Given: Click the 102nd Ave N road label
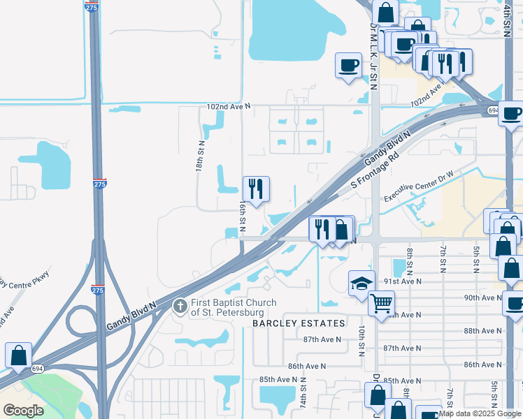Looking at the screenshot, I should coord(228,107).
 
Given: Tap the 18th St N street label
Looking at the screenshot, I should coord(200,156).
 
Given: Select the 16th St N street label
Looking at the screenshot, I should coord(243,217).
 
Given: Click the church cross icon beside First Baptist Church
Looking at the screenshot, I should coord(180,305).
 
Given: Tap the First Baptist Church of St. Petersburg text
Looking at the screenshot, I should coord(234,307).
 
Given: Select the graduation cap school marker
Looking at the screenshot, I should coord(361,284).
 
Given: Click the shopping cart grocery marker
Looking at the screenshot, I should coord(381,303).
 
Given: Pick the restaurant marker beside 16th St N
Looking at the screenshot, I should coord(256,189).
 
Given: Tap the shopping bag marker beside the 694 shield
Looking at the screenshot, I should coord(17,355).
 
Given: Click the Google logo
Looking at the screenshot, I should coord(22,411).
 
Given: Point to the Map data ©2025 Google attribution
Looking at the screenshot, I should coord(480,413).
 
